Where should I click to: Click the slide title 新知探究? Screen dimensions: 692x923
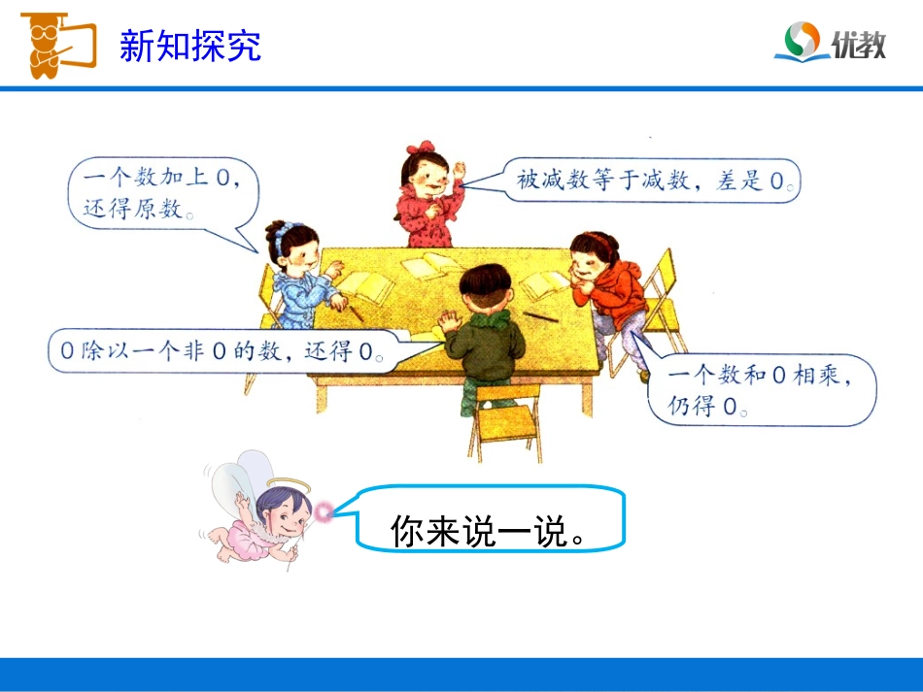pyautogui.click(x=189, y=46)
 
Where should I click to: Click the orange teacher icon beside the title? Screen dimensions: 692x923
pyautogui.click(x=56, y=45)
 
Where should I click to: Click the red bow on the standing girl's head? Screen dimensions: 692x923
pyautogui.click(x=420, y=148)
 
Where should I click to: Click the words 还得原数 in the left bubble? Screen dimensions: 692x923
pyautogui.click(x=136, y=209)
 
